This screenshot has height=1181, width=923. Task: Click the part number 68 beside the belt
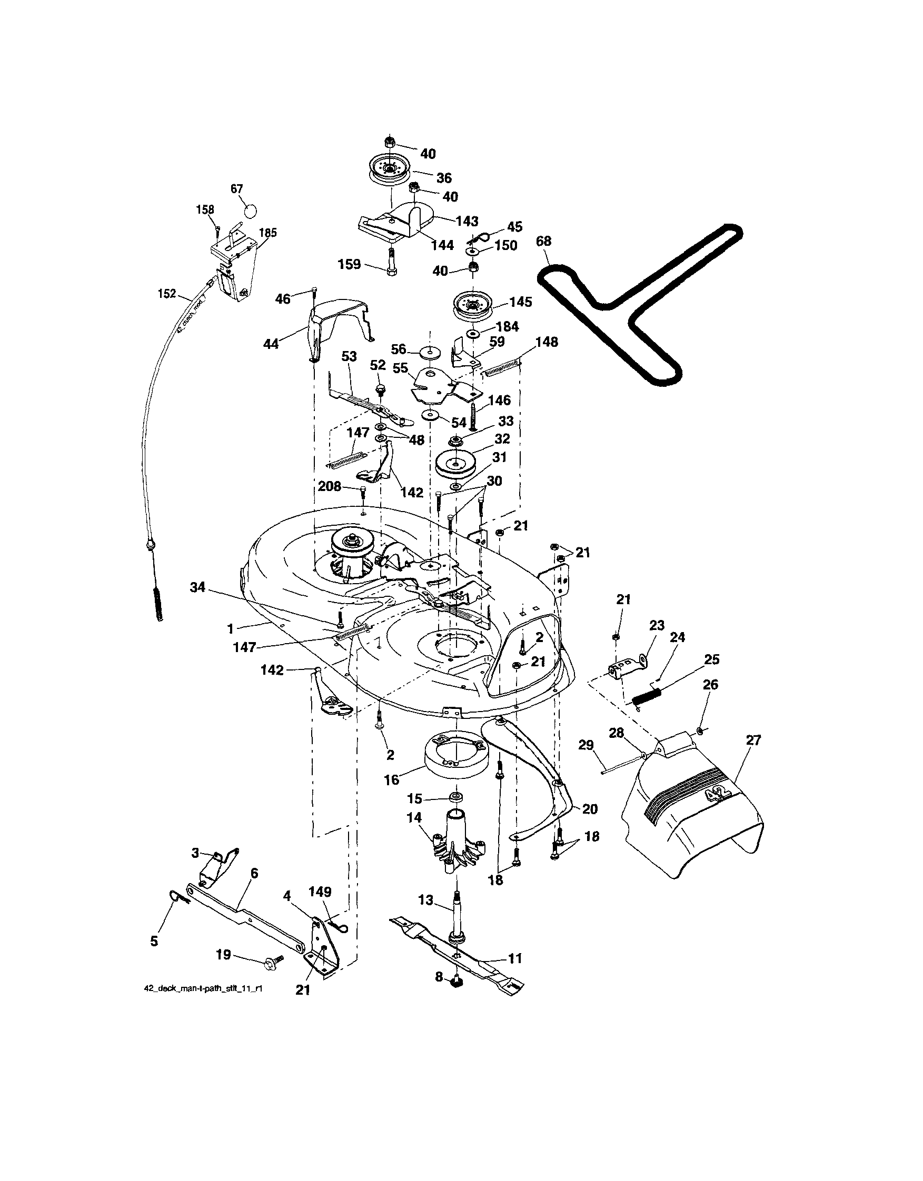pyautogui.click(x=544, y=241)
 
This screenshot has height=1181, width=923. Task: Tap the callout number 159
pyautogui.click(x=349, y=265)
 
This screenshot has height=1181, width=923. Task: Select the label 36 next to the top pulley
pyautogui.click(x=444, y=178)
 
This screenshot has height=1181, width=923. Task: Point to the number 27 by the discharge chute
pyautogui.click(x=753, y=740)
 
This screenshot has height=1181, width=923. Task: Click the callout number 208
pyautogui.click(x=330, y=486)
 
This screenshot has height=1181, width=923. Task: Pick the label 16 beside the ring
pyautogui.click(x=391, y=779)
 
